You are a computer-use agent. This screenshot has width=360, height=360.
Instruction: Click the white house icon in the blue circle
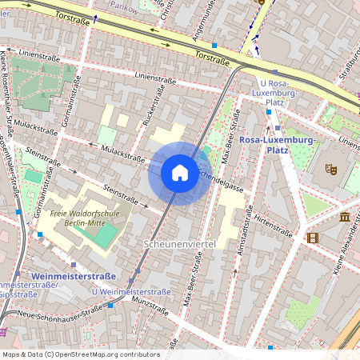180,173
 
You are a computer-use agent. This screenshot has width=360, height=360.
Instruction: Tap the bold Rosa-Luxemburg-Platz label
278,145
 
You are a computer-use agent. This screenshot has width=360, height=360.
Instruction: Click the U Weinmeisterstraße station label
131,292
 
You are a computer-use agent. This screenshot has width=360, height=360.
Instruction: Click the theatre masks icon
330,169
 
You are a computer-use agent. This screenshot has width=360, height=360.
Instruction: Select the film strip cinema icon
312,238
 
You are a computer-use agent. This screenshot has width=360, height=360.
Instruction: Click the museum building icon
345,217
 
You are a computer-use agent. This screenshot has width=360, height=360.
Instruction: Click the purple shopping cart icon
3,331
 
